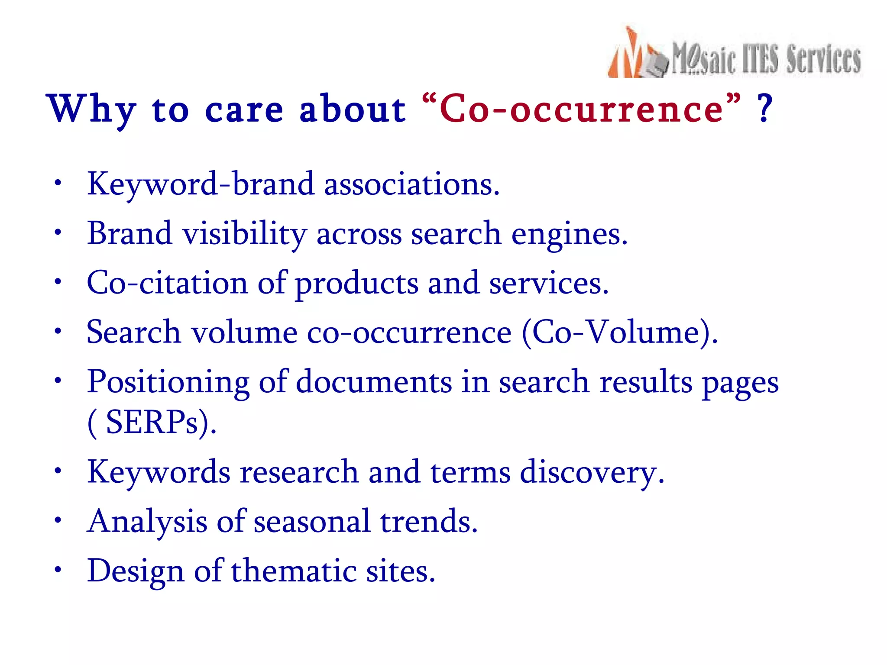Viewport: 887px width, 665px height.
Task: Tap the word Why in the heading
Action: point(91,109)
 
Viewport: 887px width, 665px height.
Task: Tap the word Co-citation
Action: point(167,283)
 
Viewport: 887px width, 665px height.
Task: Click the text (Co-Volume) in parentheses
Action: point(619,332)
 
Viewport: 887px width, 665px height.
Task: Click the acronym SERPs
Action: point(152,423)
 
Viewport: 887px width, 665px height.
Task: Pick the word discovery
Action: point(592,472)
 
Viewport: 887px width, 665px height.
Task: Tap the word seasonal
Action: point(312,521)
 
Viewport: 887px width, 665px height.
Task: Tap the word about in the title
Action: point(352,109)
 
